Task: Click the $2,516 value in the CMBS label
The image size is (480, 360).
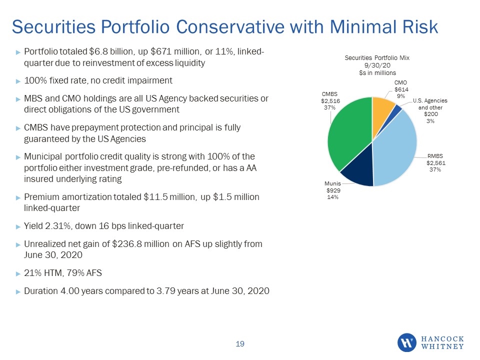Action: tap(330, 100)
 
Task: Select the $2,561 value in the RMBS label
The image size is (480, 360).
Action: tap(436, 163)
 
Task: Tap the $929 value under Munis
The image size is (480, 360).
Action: tap(333, 190)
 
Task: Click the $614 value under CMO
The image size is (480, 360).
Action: tap(401, 89)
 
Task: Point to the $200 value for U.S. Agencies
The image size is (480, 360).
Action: tap(430, 114)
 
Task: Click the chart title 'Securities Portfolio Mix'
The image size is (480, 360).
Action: tap(377, 58)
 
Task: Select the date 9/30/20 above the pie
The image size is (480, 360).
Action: tap(377, 65)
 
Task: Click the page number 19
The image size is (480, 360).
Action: tap(240, 344)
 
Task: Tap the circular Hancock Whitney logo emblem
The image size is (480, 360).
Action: tap(407, 342)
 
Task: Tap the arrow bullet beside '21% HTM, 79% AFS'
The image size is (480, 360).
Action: tap(18, 273)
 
